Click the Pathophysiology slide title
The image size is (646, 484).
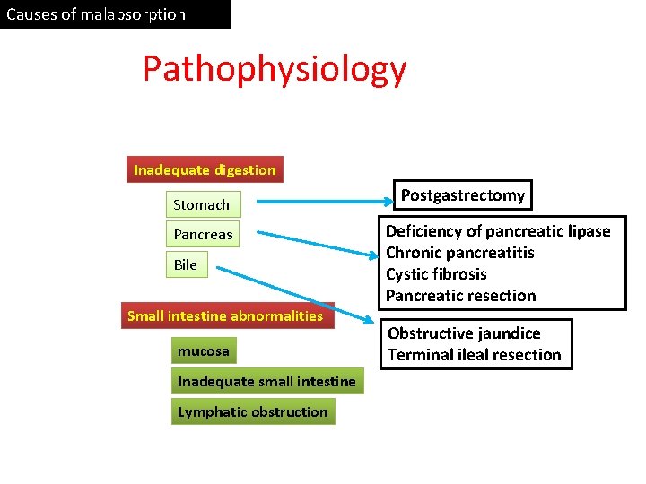coord(275,69)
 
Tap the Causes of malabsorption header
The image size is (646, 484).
coord(97,14)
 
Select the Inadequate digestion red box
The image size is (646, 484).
coord(205,169)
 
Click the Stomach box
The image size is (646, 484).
coord(201,204)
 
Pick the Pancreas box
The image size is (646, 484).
coord(203,235)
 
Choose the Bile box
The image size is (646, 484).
coord(185,264)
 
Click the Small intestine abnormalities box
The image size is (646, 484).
coord(225,315)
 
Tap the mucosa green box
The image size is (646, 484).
coord(203,350)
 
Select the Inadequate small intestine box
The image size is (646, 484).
coord(266,381)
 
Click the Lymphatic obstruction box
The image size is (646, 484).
coord(253,411)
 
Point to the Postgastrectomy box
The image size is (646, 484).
coord(463,195)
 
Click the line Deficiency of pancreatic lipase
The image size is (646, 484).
coord(498,231)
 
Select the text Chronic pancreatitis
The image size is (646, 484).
coord(459,253)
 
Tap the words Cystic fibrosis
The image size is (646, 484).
coord(436,274)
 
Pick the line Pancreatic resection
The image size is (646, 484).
coord(460,296)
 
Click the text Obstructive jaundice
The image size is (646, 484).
coord(464,333)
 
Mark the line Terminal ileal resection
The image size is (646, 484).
coord(474,355)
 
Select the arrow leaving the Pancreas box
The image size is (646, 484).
coord(314,243)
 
